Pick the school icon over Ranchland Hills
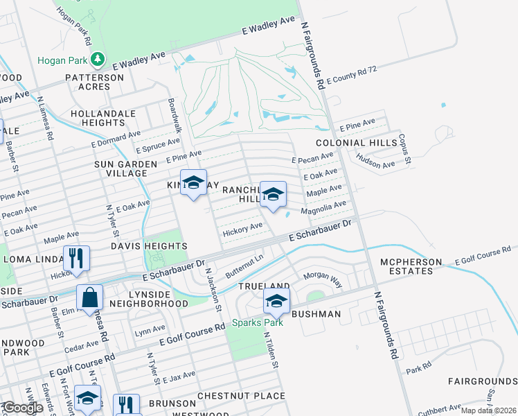pos(273,194)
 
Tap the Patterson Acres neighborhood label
pos(94,83)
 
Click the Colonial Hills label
pos(356,142)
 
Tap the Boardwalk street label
pos(175,116)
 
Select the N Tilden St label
pos(270,349)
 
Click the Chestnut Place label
pos(241,396)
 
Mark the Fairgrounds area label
pos(482,381)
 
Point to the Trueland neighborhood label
pos(264,286)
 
